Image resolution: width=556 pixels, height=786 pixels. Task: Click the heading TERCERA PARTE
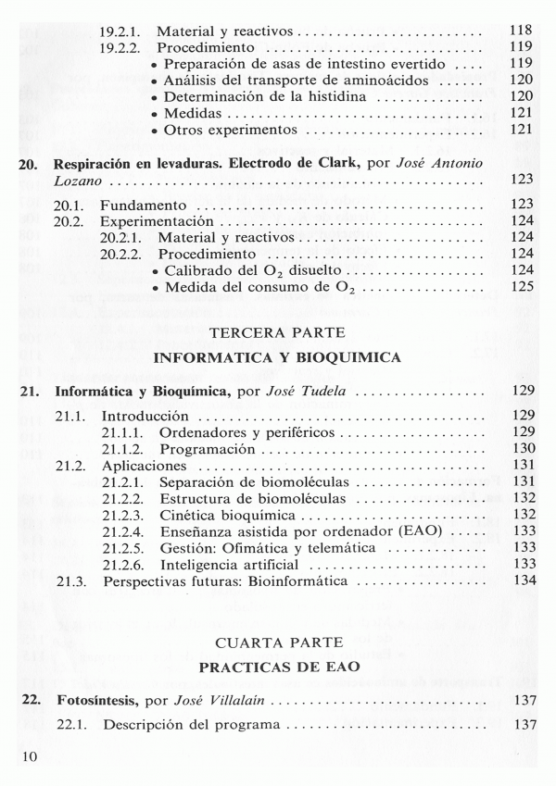click(x=278, y=331)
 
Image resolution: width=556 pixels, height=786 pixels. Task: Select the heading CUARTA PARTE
click(x=278, y=642)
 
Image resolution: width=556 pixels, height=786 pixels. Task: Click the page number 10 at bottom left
click(x=27, y=757)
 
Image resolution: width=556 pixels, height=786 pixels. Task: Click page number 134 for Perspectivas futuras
click(x=524, y=581)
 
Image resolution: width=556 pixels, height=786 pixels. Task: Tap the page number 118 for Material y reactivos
click(x=524, y=31)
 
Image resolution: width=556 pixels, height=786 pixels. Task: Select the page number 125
click(x=524, y=286)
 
